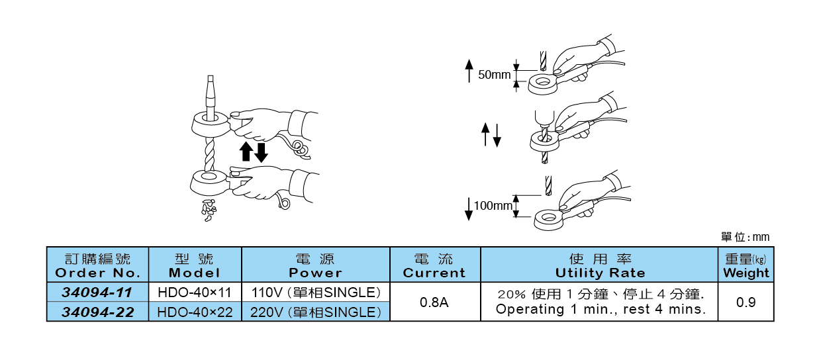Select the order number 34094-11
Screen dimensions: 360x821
(97, 292)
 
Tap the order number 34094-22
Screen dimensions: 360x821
(97, 312)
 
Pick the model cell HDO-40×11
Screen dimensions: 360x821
(195, 292)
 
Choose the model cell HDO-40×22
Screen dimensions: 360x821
(195, 312)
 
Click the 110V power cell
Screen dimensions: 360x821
(316, 292)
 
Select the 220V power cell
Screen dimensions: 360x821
(316, 312)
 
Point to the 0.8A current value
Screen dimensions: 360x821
(435, 302)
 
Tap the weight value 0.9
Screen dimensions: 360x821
(746, 302)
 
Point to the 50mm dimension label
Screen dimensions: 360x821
(495, 75)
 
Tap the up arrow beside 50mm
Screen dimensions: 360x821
(469, 69)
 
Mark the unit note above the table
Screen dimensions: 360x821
(745, 237)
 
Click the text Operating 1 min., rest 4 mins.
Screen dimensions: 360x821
(600, 309)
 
